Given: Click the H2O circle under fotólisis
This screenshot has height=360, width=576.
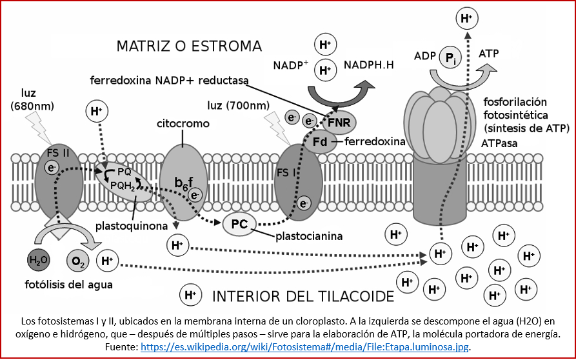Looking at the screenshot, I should (39, 261).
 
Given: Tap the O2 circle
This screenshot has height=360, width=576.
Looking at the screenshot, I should (78, 261).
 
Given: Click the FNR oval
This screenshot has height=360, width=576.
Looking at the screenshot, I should (339, 122).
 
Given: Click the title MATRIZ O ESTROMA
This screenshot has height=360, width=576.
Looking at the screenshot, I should (189, 46).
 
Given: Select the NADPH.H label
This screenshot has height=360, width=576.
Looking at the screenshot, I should (370, 65).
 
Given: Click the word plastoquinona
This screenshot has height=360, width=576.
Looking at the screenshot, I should (128, 226).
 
